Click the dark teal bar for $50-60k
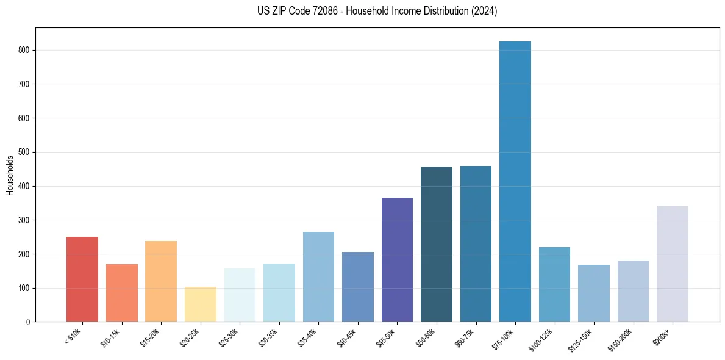(437, 244)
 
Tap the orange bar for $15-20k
(161, 281)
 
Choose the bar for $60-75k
(476, 244)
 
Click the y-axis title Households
(10, 175)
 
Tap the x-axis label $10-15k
(110, 337)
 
